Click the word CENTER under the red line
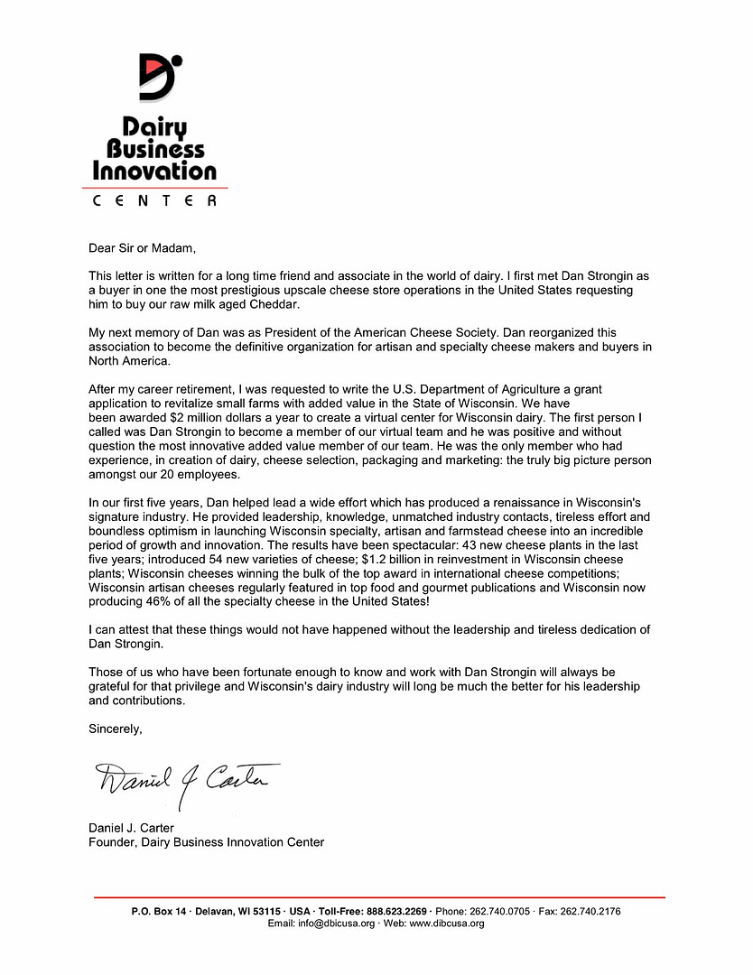point(154,200)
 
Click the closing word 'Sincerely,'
point(116,728)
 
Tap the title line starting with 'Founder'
point(206,842)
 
